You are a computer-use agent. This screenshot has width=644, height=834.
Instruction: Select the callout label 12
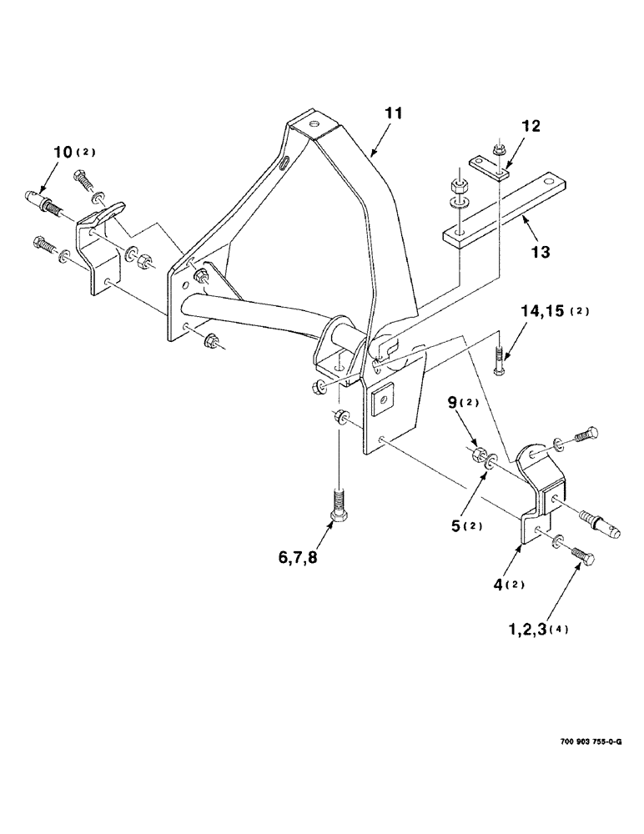531,128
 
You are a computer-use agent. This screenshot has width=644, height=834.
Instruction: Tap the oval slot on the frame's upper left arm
286,161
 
